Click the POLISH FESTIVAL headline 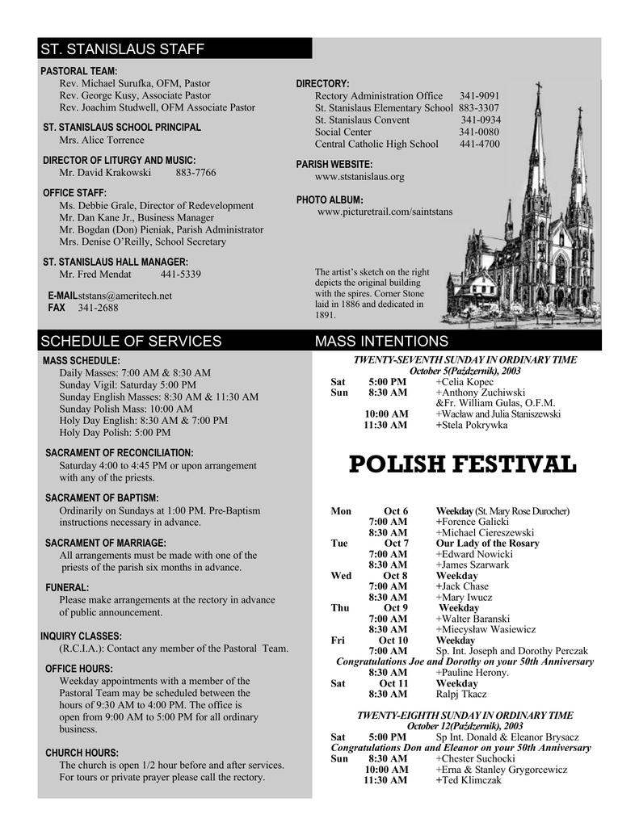tap(462, 465)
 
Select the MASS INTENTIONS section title tap(381, 342)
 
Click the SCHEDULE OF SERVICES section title tap(131, 342)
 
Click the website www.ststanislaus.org tap(359, 177)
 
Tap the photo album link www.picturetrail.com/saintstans tap(385, 212)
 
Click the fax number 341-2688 tap(98, 308)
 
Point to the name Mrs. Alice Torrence tap(102, 140)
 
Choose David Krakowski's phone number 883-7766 tap(195, 173)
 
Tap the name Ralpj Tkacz tap(461, 694)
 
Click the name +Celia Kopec tap(465, 382)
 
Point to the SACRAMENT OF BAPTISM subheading tap(102, 498)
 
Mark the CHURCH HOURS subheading tap(82, 753)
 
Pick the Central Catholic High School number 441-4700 tap(479, 145)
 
